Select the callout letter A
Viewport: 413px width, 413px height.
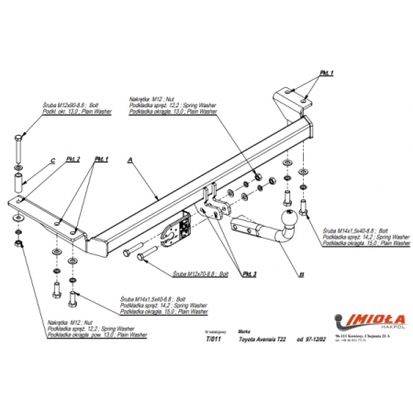pyautogui.click(x=131, y=159)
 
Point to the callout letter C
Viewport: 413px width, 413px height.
pyautogui.click(x=52, y=162)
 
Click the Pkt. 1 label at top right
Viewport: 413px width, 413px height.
pyautogui.click(x=327, y=73)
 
